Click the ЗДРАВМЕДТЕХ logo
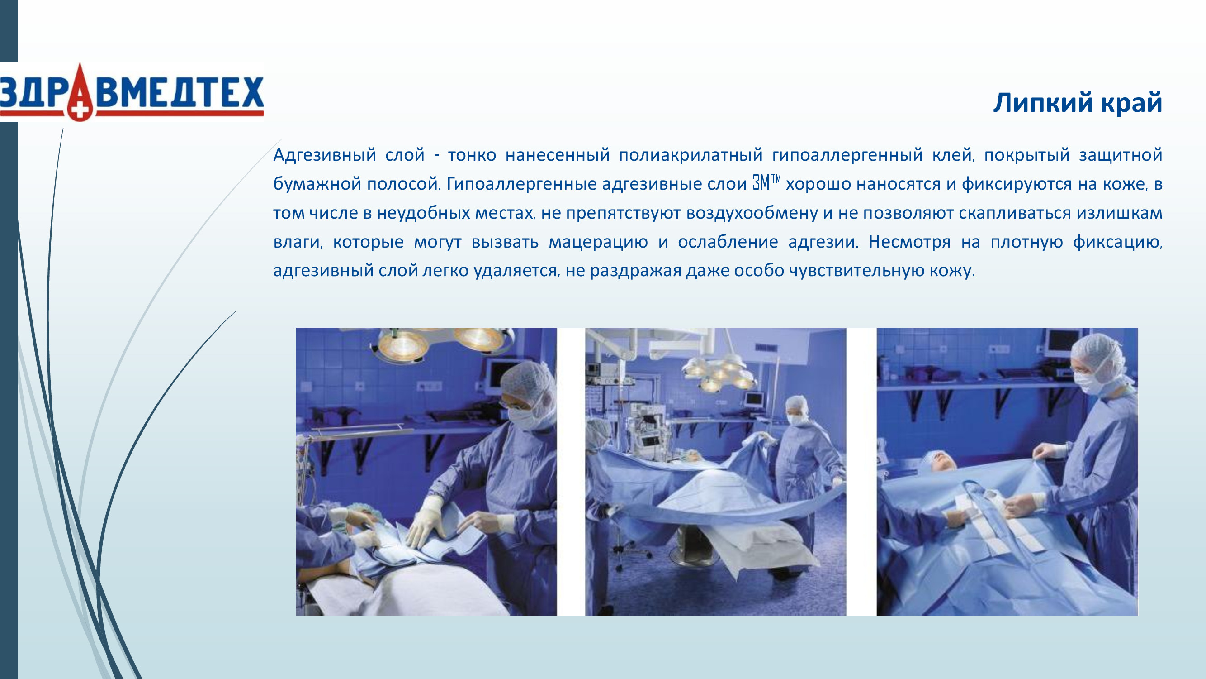132,92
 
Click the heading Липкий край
1078,103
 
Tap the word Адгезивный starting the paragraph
324,155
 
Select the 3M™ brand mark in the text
766,183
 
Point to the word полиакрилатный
690,155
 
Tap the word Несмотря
909,242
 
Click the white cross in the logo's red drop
80,110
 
